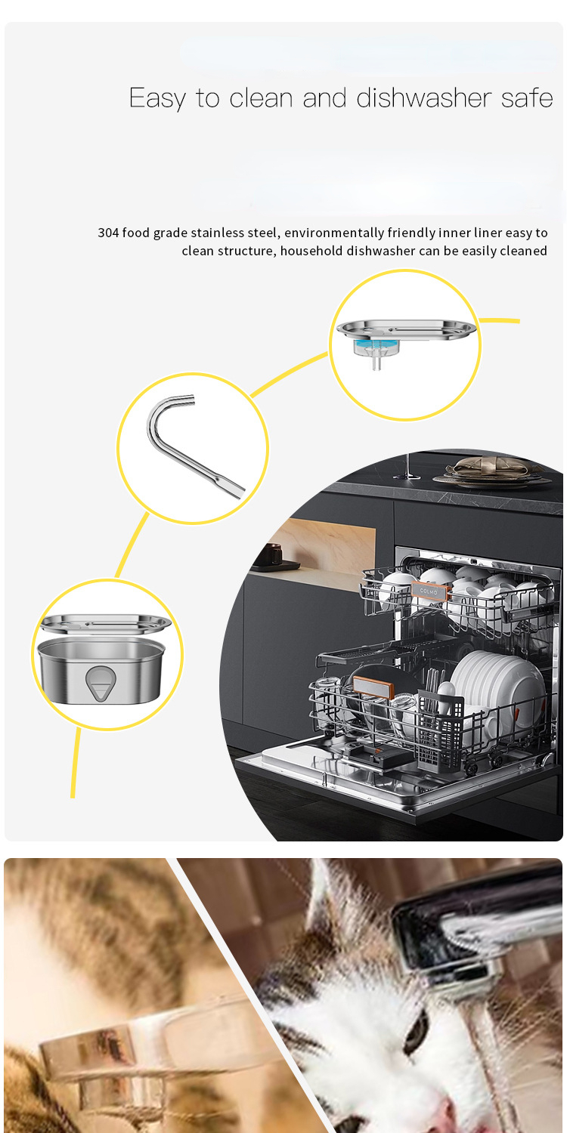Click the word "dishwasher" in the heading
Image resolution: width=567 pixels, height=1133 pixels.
click(423, 98)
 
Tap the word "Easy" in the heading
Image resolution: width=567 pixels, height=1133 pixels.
click(157, 99)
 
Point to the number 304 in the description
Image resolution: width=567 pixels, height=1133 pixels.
click(108, 233)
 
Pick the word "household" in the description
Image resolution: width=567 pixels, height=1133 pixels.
click(311, 251)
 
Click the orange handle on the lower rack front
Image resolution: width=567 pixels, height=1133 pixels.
click(373, 687)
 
